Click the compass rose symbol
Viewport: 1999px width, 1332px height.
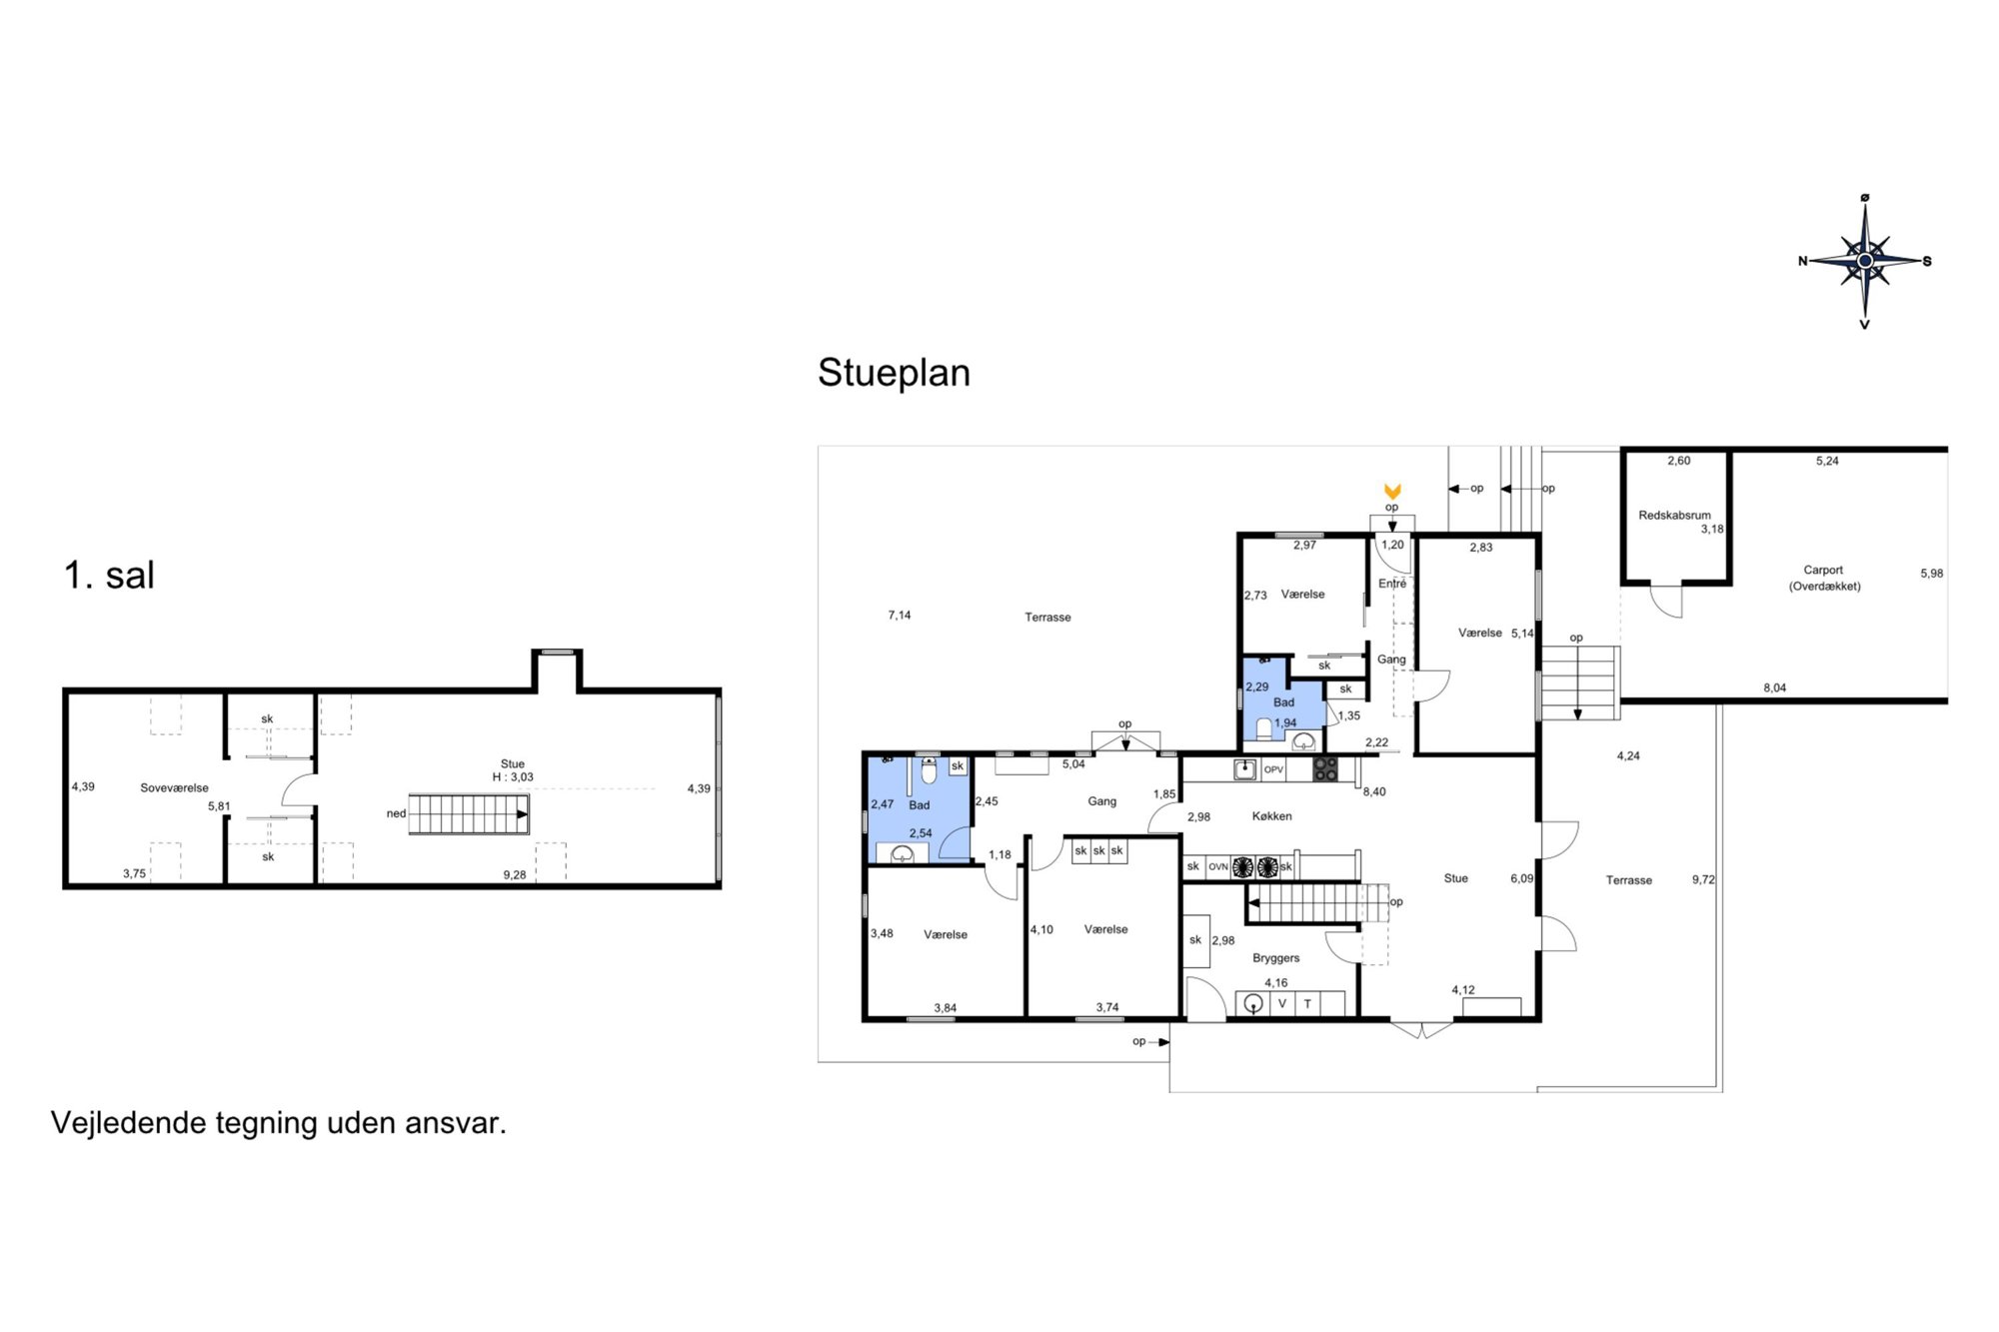(x=1865, y=261)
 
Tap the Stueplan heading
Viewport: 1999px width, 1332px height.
(x=894, y=373)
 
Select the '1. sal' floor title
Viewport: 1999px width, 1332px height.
(x=109, y=576)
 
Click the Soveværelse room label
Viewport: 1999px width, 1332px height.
(x=174, y=787)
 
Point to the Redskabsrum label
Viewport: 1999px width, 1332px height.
(x=1674, y=516)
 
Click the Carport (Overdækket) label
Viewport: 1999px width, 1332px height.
(x=1824, y=578)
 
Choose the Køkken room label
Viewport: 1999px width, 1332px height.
(x=1271, y=816)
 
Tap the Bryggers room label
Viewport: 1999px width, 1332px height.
(x=1275, y=958)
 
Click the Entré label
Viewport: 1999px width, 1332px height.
(x=1392, y=584)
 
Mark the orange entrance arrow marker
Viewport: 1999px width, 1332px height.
(x=1392, y=491)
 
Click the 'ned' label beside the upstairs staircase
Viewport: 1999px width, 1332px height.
(x=396, y=813)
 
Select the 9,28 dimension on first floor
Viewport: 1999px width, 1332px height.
(x=514, y=874)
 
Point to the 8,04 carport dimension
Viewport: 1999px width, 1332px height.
(x=1774, y=687)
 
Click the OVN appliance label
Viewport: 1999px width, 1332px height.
(x=1217, y=866)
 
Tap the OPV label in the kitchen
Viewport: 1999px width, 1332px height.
(x=1273, y=769)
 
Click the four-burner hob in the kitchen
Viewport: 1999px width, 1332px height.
(x=1325, y=769)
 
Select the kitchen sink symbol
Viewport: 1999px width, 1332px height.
(x=1244, y=769)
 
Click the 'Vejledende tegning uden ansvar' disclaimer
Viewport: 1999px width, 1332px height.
(x=279, y=1123)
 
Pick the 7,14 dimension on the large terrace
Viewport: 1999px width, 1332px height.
(x=900, y=616)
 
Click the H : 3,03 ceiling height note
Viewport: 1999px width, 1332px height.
(x=513, y=777)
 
